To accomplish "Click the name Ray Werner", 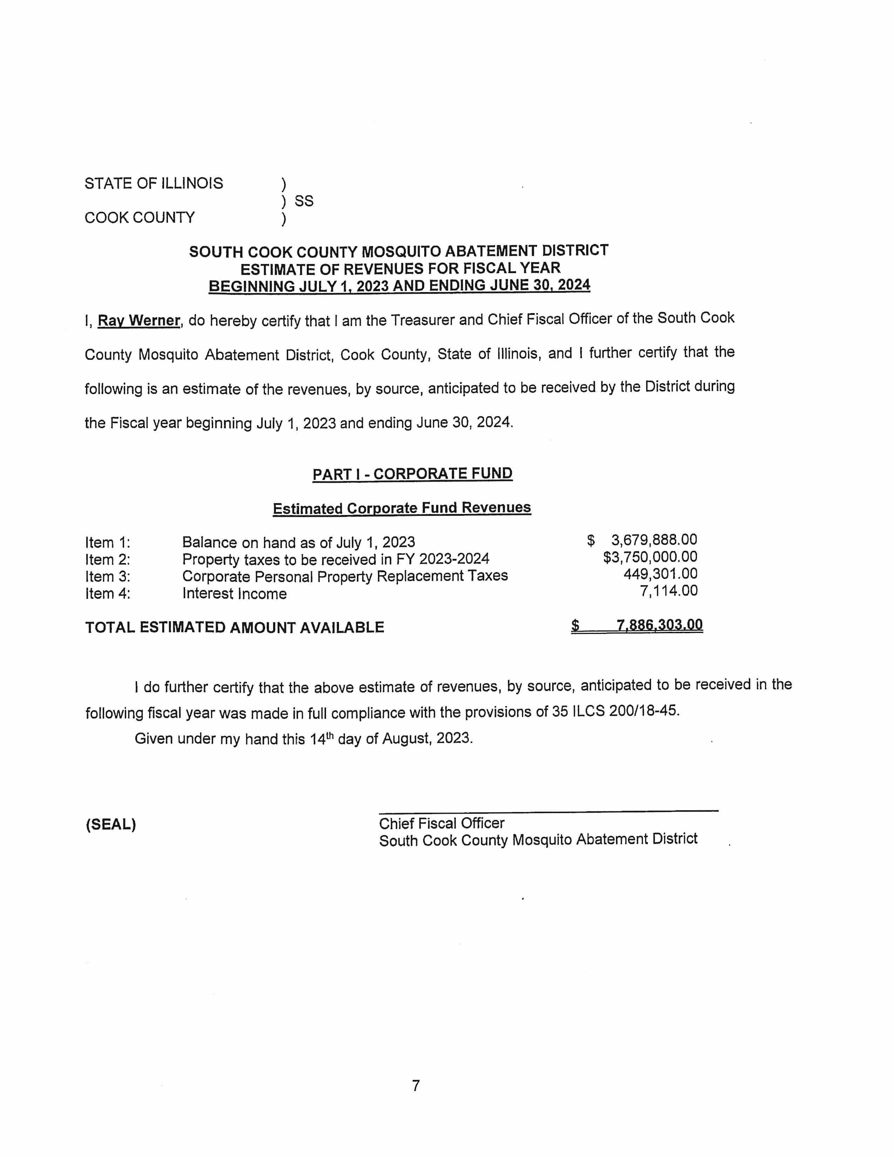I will [x=139, y=320].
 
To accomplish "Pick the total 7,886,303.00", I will [x=659, y=625].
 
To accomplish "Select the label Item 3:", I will [x=108, y=576].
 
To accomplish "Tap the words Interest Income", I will [x=234, y=594].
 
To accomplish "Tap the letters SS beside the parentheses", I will [x=304, y=201].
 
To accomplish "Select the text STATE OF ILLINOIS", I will [x=154, y=183].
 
